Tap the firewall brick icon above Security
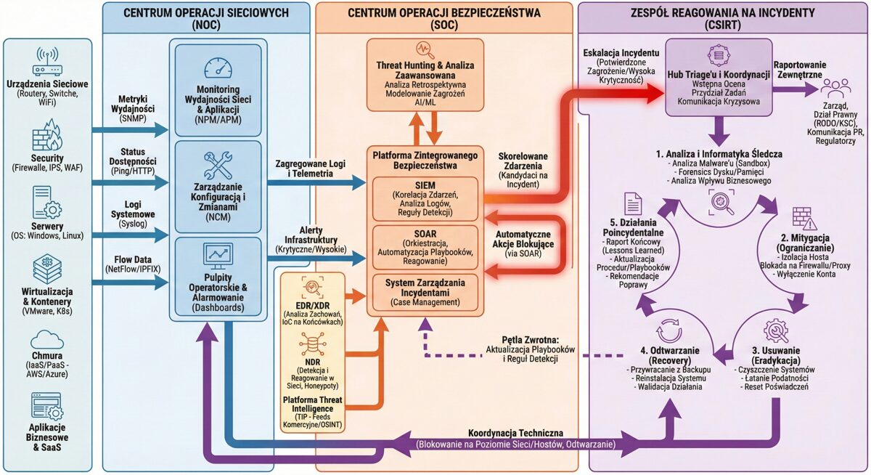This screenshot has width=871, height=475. click(x=48, y=137)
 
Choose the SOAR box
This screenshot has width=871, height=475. click(x=424, y=248)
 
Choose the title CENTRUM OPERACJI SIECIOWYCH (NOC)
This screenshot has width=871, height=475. click(x=206, y=18)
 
